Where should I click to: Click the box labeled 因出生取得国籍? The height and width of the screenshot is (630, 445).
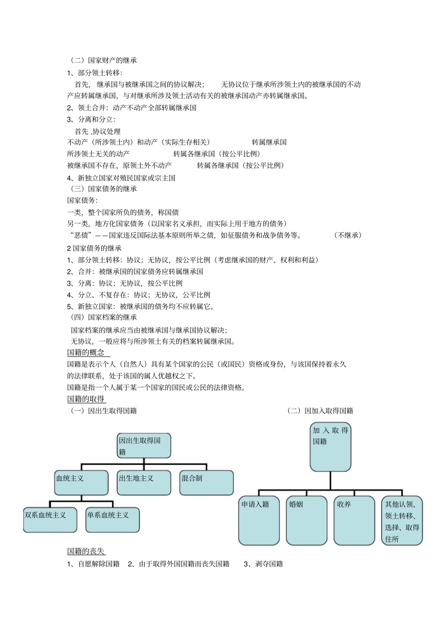(144, 445)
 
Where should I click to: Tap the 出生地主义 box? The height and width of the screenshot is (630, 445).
(144, 483)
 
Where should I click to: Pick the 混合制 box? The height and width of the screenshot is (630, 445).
(207, 483)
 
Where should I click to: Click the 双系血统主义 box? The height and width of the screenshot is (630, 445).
(50, 519)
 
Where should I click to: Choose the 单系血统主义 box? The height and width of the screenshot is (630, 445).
(112, 519)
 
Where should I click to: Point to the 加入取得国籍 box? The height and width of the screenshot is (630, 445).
(330, 447)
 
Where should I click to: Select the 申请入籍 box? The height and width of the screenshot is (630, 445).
(259, 520)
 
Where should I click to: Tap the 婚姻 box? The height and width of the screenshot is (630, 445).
(306, 520)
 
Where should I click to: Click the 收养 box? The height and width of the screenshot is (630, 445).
(354, 520)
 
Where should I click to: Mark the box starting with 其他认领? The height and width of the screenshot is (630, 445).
(402, 520)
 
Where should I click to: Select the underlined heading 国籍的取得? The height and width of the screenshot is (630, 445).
(86, 399)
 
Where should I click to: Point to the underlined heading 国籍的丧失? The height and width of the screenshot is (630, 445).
(86, 551)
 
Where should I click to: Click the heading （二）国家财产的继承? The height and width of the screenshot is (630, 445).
(103, 60)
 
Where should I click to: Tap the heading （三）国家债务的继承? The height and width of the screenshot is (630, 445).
(103, 188)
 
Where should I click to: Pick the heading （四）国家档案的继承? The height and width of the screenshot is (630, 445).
(103, 317)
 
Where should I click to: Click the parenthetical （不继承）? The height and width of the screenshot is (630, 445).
(348, 235)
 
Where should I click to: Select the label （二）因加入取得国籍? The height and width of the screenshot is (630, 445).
(320, 411)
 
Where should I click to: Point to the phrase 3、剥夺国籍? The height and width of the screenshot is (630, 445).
(263, 563)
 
